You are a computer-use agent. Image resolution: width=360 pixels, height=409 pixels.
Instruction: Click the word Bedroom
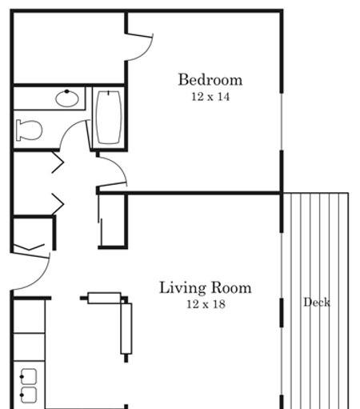[210, 79]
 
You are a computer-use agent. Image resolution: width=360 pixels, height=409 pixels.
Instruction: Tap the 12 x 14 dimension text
[210, 97]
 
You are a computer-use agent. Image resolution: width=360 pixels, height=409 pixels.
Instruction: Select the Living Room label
[206, 287]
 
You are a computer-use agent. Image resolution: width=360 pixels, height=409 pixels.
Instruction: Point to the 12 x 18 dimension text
[206, 304]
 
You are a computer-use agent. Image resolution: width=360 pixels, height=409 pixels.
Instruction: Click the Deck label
[317, 303]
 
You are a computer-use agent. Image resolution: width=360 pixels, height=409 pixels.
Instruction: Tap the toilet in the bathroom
[29, 130]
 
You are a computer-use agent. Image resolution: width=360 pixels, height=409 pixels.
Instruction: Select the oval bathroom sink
[67, 98]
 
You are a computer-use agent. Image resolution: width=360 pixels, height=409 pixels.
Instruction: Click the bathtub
[109, 118]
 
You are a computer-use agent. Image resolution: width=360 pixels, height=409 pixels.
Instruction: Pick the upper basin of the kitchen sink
[29, 376]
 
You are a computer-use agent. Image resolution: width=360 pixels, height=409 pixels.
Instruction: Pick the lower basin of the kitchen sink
[29, 395]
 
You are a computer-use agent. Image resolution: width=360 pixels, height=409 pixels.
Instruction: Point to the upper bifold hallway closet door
[58, 162]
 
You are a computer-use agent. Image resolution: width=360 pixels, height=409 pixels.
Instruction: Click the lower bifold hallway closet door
[58, 204]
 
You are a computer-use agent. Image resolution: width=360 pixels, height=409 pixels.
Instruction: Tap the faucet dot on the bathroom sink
[66, 91]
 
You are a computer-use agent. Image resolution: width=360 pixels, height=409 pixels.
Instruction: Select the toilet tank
[18, 130]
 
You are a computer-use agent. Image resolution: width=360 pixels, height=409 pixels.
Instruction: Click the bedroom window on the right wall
[282, 122]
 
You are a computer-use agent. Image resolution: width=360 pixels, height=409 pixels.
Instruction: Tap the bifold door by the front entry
[29, 247]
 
